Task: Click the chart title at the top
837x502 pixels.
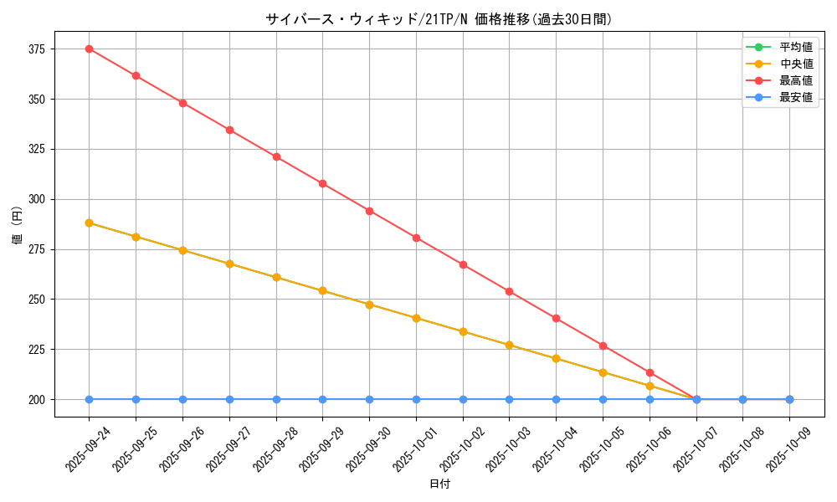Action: pos(439,19)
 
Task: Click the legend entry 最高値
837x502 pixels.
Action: pos(796,80)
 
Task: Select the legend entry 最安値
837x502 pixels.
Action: pos(796,97)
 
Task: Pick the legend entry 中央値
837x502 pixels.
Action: pos(796,64)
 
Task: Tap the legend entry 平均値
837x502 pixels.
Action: pos(796,47)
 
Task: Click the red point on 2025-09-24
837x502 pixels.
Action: pos(89,49)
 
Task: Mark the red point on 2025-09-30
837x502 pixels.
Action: pos(369,211)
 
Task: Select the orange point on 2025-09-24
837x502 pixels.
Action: pos(89,223)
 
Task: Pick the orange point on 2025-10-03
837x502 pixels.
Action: pos(509,345)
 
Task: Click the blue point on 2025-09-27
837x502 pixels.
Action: pos(229,399)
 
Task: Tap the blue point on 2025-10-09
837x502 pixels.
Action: pos(789,399)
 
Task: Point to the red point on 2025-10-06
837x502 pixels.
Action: pos(650,372)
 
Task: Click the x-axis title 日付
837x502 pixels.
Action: pos(439,484)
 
